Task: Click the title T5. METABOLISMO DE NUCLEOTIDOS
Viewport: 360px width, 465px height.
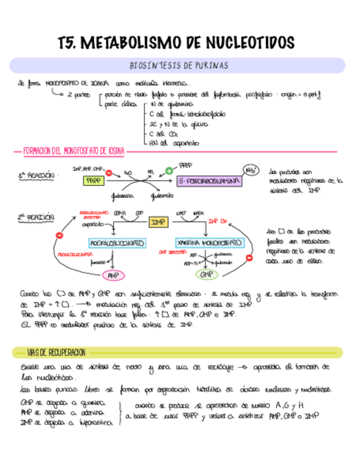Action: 177,42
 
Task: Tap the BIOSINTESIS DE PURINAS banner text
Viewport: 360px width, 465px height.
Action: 178,66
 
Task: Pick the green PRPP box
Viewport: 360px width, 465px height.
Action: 94,180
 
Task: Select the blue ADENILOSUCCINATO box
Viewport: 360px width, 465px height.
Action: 116,242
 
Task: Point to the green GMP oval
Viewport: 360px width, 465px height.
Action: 206,274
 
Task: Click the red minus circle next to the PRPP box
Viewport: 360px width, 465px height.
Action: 109,172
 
